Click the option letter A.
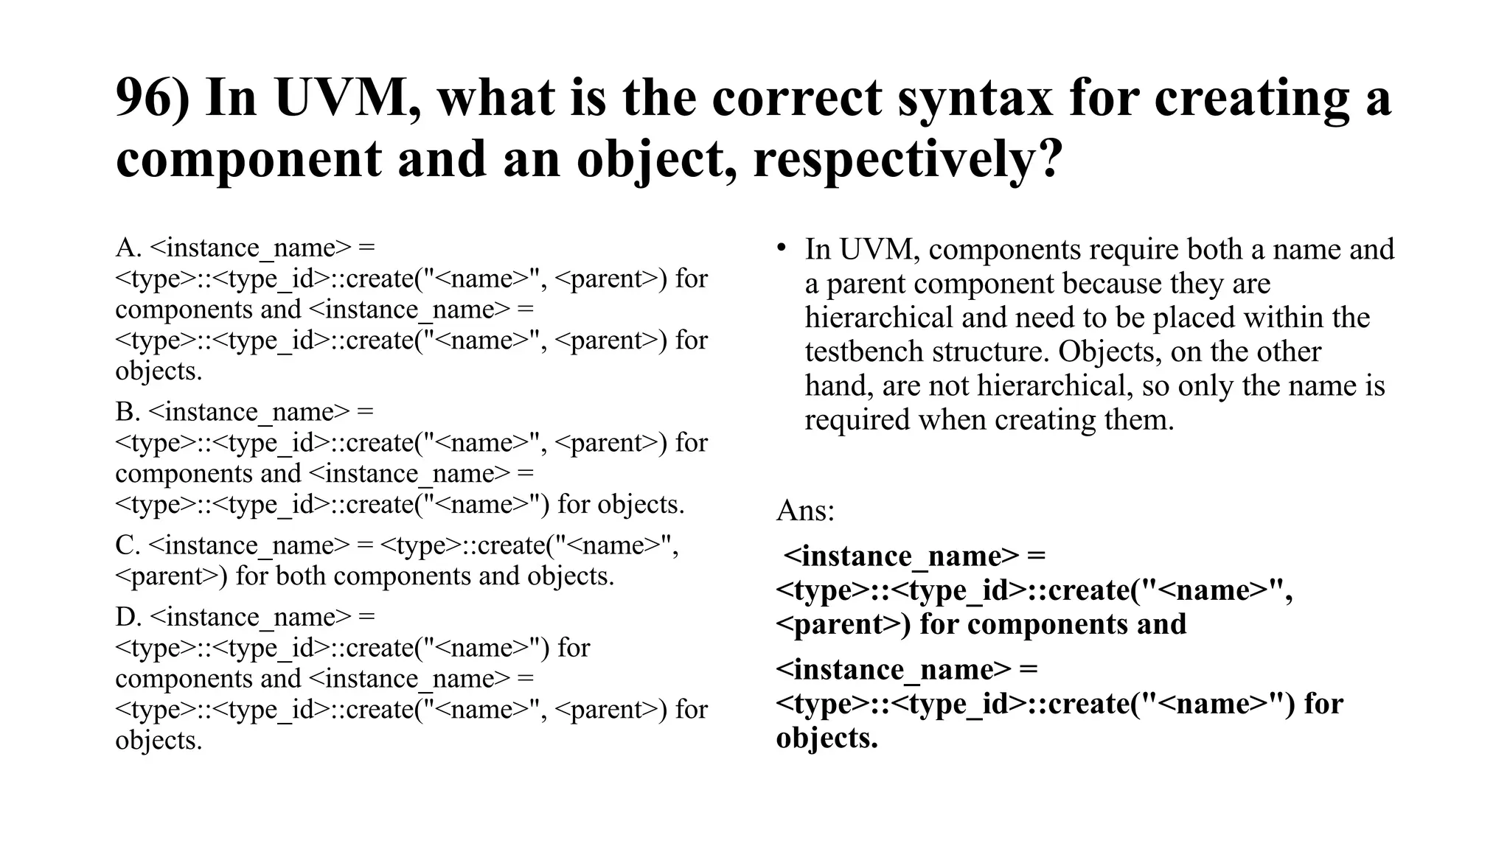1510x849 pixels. [128, 248]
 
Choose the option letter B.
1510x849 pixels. [127, 412]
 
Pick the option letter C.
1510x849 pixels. [127, 545]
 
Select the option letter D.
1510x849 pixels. [128, 617]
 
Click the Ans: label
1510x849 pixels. [805, 510]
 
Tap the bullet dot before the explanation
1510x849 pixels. [781, 248]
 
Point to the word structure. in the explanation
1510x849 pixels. [990, 352]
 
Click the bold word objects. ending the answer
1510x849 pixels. [827, 738]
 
